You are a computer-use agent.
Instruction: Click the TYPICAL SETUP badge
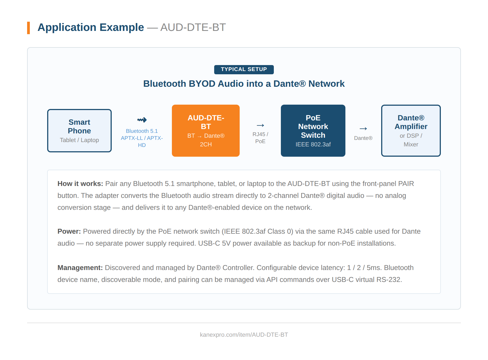244,69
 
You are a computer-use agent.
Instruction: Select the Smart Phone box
79,131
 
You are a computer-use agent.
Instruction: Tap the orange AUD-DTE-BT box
206,131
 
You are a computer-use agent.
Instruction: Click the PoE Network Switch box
313,131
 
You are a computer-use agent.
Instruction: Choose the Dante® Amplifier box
411,131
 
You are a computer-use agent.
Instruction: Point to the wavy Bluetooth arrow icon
142,120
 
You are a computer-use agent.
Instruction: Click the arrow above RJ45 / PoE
260,125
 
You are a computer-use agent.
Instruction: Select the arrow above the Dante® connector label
363,129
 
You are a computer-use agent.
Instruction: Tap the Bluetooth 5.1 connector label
142,131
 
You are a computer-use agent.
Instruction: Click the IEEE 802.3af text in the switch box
313,144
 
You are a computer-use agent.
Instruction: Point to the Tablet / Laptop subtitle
79,140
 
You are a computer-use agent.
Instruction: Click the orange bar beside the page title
28,28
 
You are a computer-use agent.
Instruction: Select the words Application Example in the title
91,27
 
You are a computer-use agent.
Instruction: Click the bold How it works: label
80,184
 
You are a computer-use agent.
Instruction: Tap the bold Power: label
69,232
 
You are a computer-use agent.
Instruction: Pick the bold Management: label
80,268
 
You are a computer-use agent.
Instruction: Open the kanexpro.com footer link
244,335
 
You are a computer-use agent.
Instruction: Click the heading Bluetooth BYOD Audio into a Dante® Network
244,84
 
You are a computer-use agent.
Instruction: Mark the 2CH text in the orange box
206,144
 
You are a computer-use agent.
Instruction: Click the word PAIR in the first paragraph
406,184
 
